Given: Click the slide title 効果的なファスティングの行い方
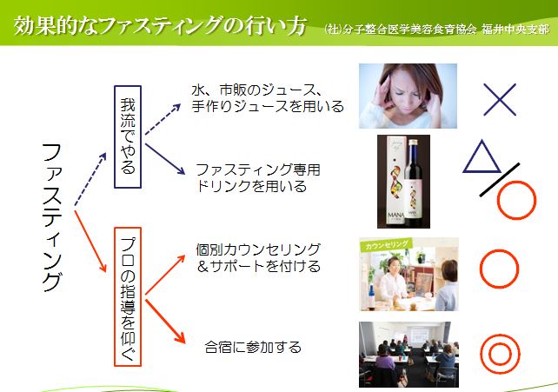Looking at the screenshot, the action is click(x=160, y=25).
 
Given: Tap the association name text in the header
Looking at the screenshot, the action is click(x=436, y=30).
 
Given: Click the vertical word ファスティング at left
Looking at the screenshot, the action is click(x=52, y=217).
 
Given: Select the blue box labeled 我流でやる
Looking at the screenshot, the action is click(x=128, y=136).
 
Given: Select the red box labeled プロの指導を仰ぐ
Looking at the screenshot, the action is click(x=128, y=296).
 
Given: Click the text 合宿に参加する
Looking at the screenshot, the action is click(x=253, y=347).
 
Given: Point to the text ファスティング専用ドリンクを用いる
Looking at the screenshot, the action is click(x=258, y=178).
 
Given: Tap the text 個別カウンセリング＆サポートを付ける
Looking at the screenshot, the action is click(x=258, y=257).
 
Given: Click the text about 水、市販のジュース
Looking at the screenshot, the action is click(x=268, y=98).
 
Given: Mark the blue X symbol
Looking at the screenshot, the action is click(x=500, y=100).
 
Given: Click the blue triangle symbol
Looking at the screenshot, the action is click(x=482, y=156).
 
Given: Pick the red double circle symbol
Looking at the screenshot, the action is click(x=500, y=354).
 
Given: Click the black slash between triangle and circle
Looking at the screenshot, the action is click(x=499, y=180).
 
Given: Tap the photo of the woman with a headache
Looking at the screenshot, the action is click(x=408, y=96).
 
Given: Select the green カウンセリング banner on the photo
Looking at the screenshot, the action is click(x=386, y=245).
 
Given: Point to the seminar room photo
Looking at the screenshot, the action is click(x=409, y=355).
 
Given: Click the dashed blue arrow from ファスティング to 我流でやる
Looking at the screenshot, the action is click(x=90, y=179).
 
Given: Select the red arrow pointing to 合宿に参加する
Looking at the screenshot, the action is click(x=165, y=322).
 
